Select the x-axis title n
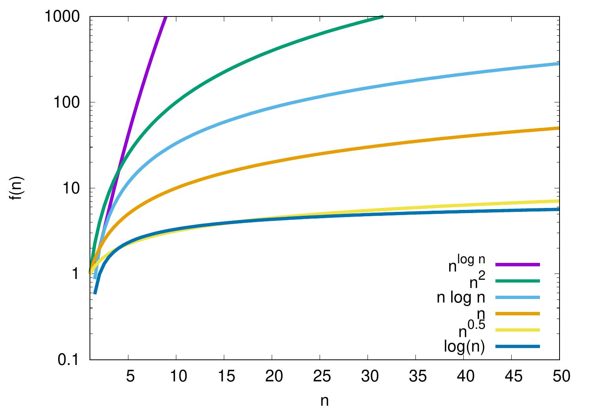[324, 401]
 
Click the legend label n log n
[461, 298]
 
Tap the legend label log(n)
[465, 347]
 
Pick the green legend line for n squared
[518, 281]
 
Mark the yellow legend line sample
[518, 330]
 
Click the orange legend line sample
[518, 314]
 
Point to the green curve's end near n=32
[382, 17]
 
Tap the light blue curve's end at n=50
[558, 64]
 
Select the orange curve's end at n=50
[558, 128]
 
